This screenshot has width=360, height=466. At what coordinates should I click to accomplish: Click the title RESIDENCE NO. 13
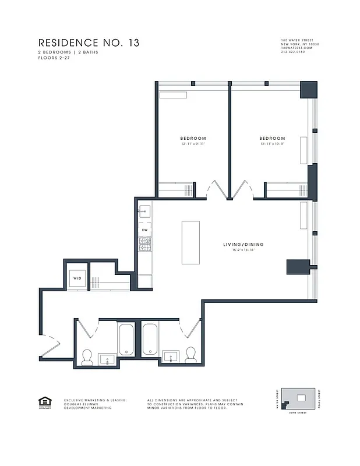tap(89, 43)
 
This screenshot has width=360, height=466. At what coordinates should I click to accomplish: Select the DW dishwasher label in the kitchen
tap(144, 230)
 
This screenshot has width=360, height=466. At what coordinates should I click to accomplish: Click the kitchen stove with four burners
tap(144, 244)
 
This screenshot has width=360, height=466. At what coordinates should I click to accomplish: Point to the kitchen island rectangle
tap(190, 242)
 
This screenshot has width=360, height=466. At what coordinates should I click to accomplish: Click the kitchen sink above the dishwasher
tap(144, 211)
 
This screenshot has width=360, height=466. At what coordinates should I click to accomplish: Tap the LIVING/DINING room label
tap(243, 244)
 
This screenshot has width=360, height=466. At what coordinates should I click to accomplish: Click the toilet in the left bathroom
tap(87, 356)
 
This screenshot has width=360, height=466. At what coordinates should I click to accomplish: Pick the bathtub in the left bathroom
tap(127, 340)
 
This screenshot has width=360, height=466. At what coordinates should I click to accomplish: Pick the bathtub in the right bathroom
tap(150, 340)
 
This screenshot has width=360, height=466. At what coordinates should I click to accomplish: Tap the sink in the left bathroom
tap(107, 358)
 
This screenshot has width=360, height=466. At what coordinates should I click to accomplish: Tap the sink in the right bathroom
tap(171, 355)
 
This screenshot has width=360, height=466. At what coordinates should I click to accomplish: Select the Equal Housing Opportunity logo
tap(44, 402)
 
